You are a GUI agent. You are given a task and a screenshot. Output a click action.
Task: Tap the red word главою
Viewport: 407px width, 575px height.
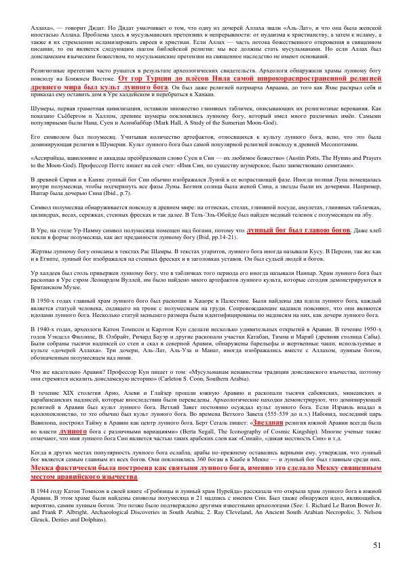pyautogui.click(x=311, y=231)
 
